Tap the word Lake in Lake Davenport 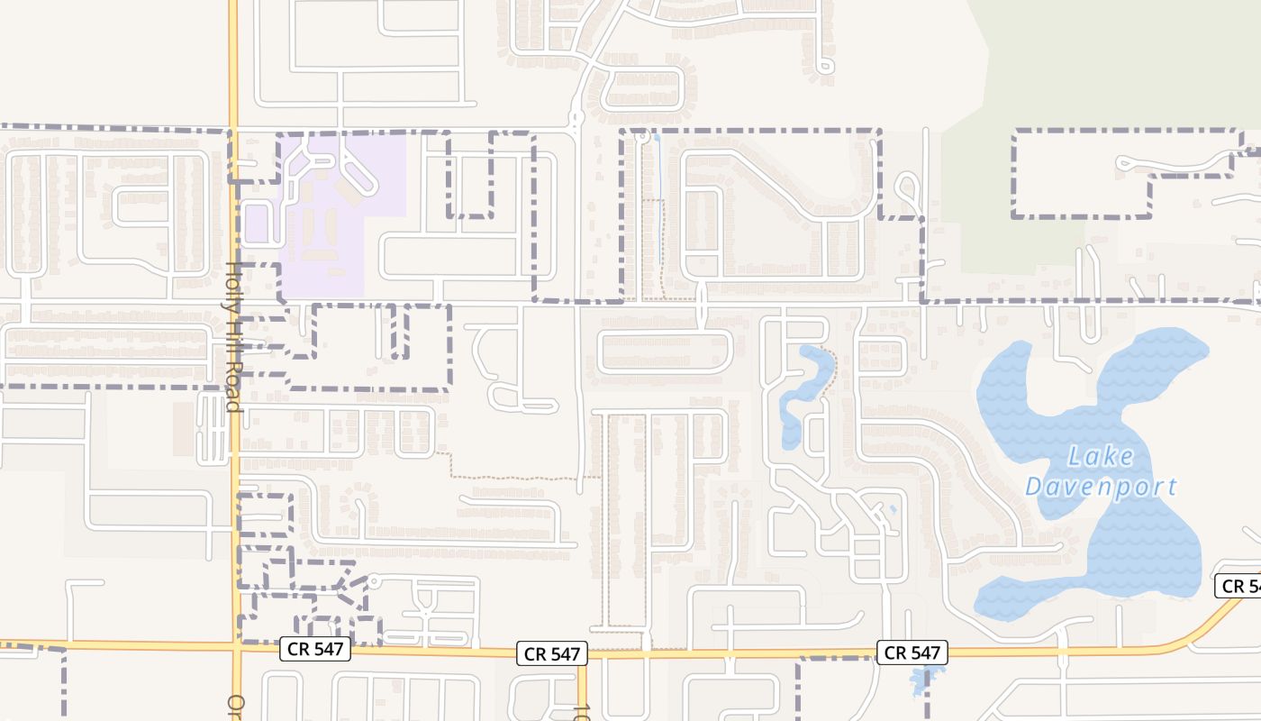(x=1100, y=457)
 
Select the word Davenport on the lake (x=1101, y=488)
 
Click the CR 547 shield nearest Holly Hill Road (x=314, y=648)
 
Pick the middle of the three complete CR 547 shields (x=552, y=653)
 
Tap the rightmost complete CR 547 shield (x=912, y=653)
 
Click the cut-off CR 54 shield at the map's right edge (x=1238, y=586)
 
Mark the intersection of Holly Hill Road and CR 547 (x=236, y=646)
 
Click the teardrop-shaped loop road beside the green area (x=908, y=189)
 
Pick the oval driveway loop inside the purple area (x=357, y=171)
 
